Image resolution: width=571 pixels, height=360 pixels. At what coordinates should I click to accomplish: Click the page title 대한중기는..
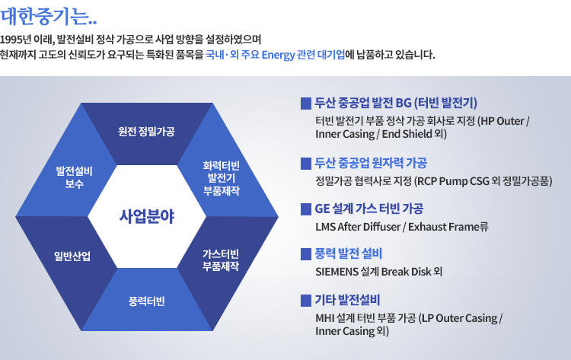tap(49, 17)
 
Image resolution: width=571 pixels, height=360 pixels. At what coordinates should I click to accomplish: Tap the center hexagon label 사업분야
tap(147, 216)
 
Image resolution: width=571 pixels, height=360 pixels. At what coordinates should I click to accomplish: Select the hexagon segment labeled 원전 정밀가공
tap(146, 132)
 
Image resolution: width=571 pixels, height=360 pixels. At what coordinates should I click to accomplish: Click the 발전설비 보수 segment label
tap(75, 177)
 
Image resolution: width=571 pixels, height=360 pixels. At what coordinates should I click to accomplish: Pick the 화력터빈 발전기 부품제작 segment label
tap(221, 178)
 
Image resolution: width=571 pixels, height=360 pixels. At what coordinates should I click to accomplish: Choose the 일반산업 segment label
tap(72, 256)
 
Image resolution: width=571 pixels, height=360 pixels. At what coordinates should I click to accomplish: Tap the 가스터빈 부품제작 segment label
tap(221, 260)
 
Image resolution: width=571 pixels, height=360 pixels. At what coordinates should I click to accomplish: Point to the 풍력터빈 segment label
tap(146, 301)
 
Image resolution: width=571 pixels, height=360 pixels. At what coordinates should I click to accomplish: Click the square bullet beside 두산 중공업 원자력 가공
tap(306, 164)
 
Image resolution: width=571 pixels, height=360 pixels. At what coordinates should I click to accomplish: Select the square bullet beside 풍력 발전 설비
tap(306, 254)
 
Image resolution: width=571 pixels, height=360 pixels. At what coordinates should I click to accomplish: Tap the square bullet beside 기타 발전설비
tap(306, 301)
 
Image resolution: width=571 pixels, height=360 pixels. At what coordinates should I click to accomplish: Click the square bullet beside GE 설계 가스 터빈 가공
tap(306, 209)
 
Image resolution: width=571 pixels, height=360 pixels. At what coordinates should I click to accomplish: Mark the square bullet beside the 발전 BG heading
tap(306, 104)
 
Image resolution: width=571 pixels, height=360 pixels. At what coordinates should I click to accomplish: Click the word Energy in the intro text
tap(278, 55)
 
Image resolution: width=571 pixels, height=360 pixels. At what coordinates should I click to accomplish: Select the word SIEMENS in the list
tap(337, 272)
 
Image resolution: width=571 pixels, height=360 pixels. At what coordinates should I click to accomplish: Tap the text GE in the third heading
tap(322, 209)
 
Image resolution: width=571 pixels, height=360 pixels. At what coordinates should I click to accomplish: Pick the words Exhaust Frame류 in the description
tap(448, 227)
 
